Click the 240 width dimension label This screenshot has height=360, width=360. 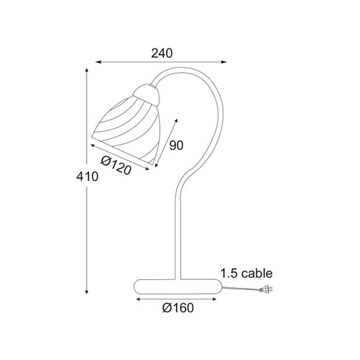click(x=162, y=53)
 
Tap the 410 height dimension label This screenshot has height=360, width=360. click(x=87, y=176)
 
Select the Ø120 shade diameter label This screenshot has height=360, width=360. click(x=116, y=165)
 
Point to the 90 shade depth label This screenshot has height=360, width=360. click(x=176, y=145)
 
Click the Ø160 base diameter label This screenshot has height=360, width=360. click(x=178, y=308)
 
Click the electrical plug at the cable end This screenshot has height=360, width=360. click(x=267, y=290)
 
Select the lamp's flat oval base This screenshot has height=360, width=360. click(x=178, y=287)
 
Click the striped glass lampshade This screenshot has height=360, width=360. click(x=126, y=131)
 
